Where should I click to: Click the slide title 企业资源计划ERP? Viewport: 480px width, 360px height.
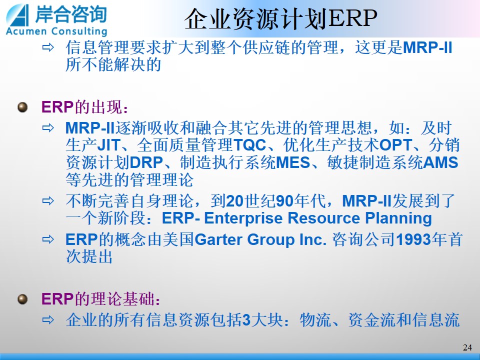(x=280, y=18)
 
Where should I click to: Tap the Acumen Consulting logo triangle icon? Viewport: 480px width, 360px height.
(x=18, y=15)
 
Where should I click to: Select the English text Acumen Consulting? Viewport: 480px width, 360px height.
(x=56, y=31)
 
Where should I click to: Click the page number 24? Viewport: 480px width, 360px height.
(x=467, y=347)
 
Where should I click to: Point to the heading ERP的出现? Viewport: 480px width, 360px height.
(x=84, y=107)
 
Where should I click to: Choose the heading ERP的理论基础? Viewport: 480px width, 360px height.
(x=100, y=299)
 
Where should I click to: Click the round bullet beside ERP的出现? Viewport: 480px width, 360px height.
(x=22, y=107)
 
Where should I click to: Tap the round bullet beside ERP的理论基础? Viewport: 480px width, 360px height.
(x=22, y=299)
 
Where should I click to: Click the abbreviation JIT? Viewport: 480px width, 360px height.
(x=108, y=145)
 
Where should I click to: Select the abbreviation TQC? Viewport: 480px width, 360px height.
(x=250, y=145)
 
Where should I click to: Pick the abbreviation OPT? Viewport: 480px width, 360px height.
(x=396, y=145)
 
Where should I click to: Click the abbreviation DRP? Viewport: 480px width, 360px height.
(x=146, y=162)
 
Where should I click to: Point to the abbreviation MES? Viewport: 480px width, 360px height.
(x=293, y=162)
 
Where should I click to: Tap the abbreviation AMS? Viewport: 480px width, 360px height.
(x=441, y=162)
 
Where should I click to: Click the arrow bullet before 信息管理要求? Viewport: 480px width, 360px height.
(x=48, y=47)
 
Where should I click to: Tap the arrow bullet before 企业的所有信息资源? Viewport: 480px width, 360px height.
(x=48, y=320)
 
